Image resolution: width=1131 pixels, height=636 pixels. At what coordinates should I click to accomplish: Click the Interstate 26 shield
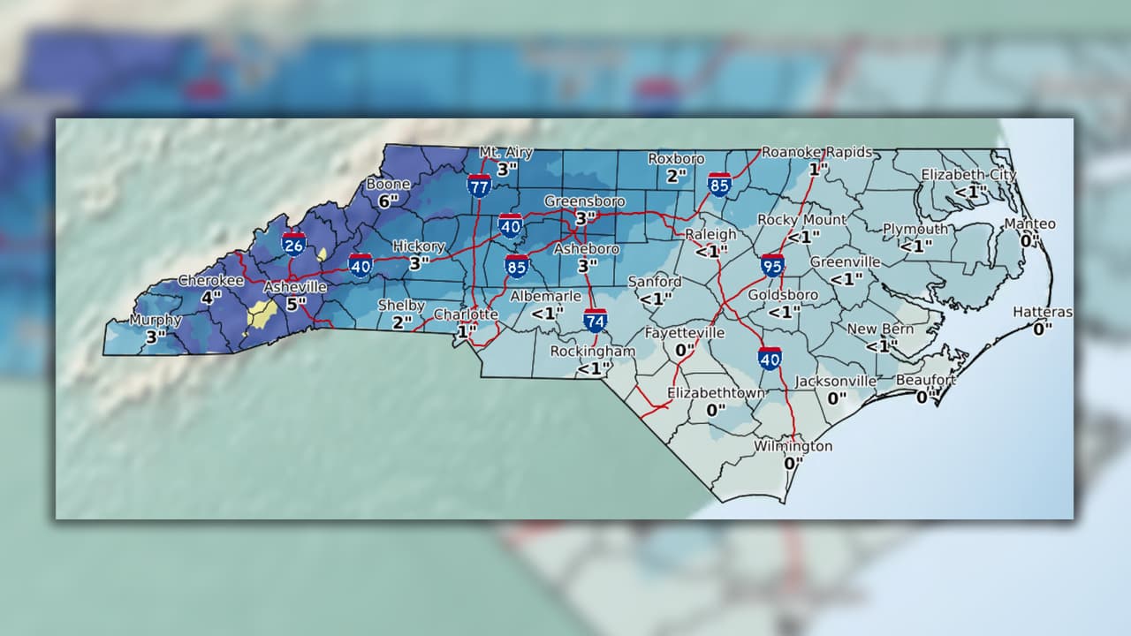[x=294, y=245]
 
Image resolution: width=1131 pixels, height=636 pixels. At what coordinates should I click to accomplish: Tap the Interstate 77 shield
[x=480, y=185]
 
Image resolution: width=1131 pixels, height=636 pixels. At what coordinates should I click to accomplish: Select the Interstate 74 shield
[x=596, y=320]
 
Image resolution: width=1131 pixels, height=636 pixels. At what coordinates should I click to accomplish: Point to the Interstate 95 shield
[x=772, y=264]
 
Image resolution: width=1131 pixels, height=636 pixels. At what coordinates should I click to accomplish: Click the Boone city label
[x=389, y=185]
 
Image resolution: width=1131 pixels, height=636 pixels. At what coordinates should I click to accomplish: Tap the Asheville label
[x=295, y=287]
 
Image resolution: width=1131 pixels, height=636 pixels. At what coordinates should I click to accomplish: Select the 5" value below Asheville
[x=297, y=305]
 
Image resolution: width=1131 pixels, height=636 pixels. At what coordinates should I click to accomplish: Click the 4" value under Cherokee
[x=210, y=298]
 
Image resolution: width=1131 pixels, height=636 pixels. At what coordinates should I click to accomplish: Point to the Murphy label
[x=156, y=320]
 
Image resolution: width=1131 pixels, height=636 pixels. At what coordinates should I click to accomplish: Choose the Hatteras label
[x=1043, y=312]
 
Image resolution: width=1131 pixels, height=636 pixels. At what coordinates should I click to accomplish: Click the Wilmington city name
[x=793, y=446]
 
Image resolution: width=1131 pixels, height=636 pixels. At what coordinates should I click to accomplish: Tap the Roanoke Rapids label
[x=816, y=152]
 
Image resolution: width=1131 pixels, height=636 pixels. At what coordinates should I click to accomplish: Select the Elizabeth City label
[x=968, y=175]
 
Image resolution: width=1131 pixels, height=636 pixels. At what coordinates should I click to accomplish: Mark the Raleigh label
[x=711, y=234]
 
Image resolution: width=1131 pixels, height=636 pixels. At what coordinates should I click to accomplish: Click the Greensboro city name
[x=584, y=201]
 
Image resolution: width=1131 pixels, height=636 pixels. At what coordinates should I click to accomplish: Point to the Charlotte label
[x=466, y=314]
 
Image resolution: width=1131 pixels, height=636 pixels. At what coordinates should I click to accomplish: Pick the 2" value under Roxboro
[x=677, y=175]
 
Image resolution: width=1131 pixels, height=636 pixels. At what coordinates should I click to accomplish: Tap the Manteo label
[x=1029, y=224]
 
